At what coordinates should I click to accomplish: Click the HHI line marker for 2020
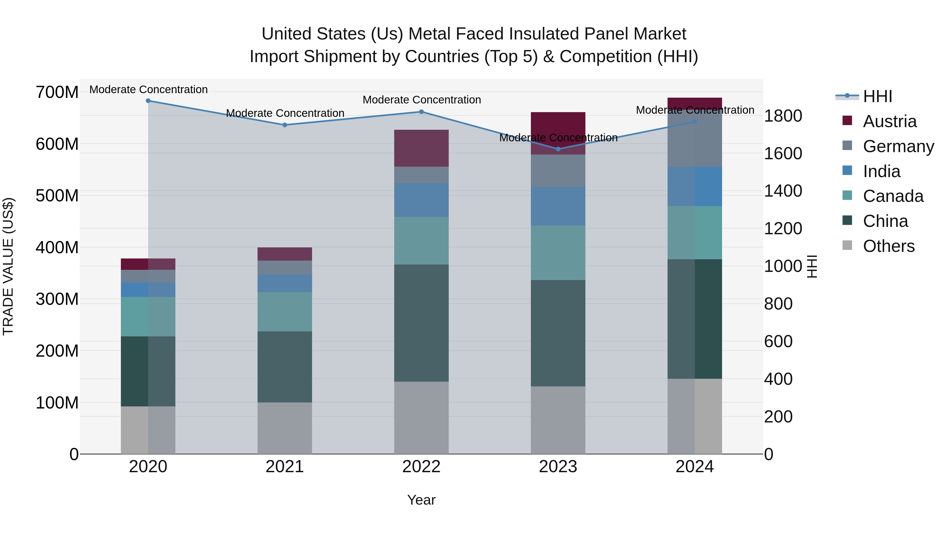click(148, 101)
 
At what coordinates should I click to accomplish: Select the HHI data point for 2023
click(558, 149)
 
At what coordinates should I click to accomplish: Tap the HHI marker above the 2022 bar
click(421, 112)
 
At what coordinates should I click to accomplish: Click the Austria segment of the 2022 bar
click(421, 148)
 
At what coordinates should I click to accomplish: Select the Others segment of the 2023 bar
click(558, 420)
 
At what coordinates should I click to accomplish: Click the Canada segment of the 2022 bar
click(421, 241)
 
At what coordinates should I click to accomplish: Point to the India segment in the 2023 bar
click(558, 206)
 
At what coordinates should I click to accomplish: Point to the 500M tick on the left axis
click(57, 196)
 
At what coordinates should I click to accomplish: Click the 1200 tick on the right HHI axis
click(783, 228)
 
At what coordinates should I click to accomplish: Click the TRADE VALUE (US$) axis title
click(8, 266)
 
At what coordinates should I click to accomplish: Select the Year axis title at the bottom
click(421, 500)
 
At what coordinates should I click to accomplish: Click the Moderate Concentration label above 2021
click(285, 113)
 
